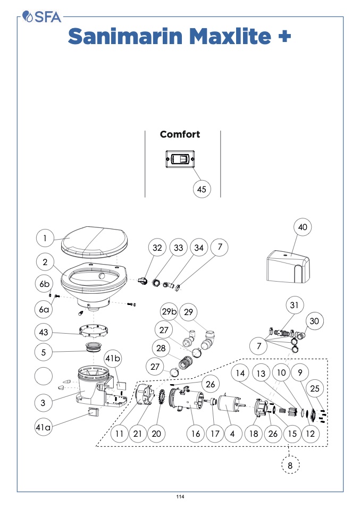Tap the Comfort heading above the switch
coord(180,134)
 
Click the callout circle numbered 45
coord(202,189)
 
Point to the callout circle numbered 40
coord(302,227)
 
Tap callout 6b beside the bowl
coord(45,284)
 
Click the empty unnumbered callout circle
coord(44,376)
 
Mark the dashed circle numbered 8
coord(290,465)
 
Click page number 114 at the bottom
coord(180,497)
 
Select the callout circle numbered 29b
coord(169,310)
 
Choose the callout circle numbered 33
coord(178,248)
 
